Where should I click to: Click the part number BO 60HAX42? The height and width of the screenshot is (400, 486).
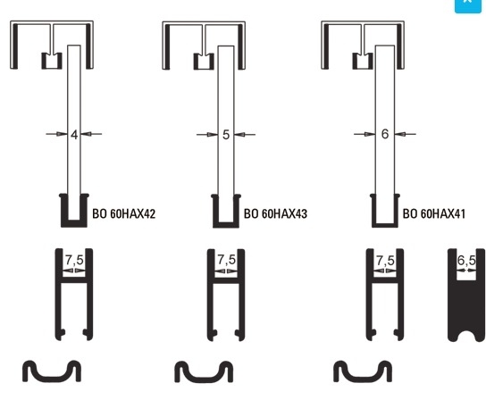click(123, 213)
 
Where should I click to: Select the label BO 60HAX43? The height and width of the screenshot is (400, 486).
click(275, 213)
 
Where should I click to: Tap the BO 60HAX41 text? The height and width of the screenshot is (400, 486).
click(434, 213)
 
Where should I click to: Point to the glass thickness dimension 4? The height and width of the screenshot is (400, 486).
click(74, 135)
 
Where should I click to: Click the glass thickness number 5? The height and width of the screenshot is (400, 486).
click(226, 135)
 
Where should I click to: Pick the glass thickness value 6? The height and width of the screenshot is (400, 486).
click(385, 134)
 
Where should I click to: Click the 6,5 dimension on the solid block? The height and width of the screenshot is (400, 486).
click(466, 261)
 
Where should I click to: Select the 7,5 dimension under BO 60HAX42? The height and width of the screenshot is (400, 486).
click(74, 260)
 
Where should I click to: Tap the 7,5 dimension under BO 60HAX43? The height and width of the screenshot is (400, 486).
click(227, 260)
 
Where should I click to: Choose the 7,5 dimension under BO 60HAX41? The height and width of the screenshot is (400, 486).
click(385, 261)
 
